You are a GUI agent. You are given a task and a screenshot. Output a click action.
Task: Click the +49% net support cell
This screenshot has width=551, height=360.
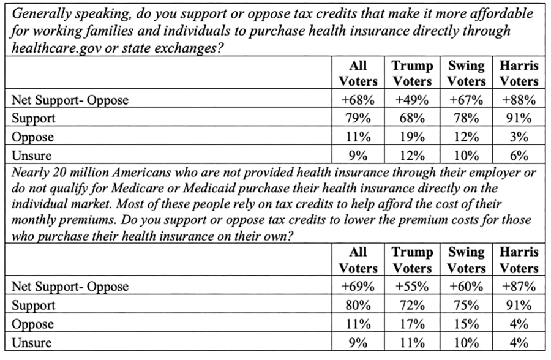412,100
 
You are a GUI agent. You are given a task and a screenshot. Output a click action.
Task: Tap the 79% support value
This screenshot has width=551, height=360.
358,119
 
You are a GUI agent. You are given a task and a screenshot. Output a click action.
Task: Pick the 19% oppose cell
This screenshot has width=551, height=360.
412,137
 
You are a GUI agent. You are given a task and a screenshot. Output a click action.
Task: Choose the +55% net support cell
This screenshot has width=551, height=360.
412,287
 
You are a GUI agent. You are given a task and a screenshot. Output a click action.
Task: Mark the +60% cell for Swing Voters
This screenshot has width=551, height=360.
465,287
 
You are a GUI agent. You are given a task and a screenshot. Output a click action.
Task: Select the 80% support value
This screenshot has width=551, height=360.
358,305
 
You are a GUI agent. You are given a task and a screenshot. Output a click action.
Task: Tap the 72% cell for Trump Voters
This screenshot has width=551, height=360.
412,305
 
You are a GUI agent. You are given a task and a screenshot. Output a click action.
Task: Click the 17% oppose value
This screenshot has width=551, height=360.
412,324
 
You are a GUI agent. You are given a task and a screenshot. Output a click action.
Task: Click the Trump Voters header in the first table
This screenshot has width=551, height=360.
412,73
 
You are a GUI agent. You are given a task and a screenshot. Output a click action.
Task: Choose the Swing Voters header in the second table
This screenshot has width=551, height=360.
465,260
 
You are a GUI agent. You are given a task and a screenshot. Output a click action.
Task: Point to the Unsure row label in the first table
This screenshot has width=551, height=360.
29,156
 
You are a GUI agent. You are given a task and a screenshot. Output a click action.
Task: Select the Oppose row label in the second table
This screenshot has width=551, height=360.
31,324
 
